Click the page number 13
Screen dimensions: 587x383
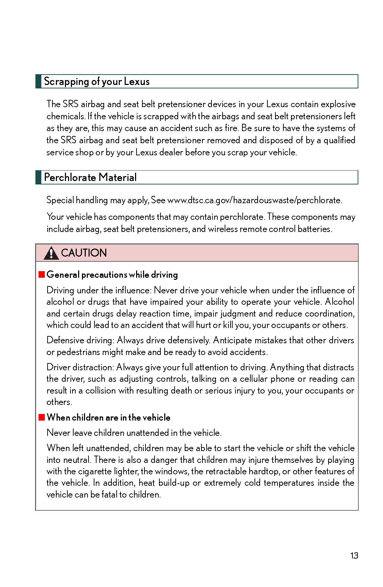[354, 555]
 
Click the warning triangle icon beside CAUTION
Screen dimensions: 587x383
[51, 253]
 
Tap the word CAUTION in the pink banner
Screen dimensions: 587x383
[84, 253]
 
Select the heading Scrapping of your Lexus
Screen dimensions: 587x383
[97, 81]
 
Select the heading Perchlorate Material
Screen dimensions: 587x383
[90, 178]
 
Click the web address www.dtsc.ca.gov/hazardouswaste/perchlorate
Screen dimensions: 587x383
[255, 200]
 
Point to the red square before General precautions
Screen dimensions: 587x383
[42, 275]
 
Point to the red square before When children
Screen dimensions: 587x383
[42, 417]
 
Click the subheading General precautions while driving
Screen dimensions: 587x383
[112, 275]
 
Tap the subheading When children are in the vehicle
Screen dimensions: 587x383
[108, 417]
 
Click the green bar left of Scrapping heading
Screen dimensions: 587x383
[38, 81]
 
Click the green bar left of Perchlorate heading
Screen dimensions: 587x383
[38, 178]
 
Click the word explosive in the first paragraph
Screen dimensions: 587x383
[338, 104]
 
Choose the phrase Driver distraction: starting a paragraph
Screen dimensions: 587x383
[80, 367]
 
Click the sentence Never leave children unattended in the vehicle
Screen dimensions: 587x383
[134, 433]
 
